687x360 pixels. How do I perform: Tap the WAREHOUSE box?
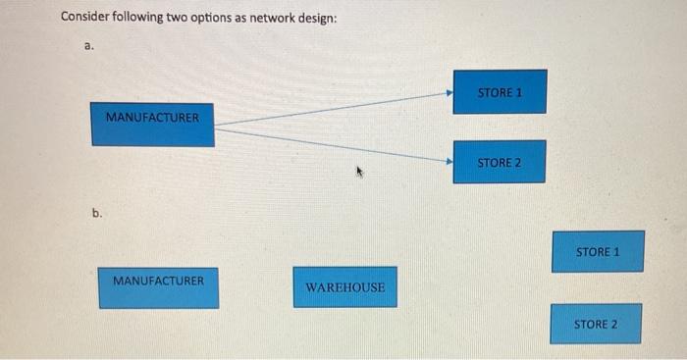(x=344, y=287)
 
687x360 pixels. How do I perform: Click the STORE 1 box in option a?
(x=500, y=91)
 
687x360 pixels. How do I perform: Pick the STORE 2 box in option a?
(x=499, y=161)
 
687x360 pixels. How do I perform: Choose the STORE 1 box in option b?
(x=598, y=252)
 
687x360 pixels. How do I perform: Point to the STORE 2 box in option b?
(x=596, y=324)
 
